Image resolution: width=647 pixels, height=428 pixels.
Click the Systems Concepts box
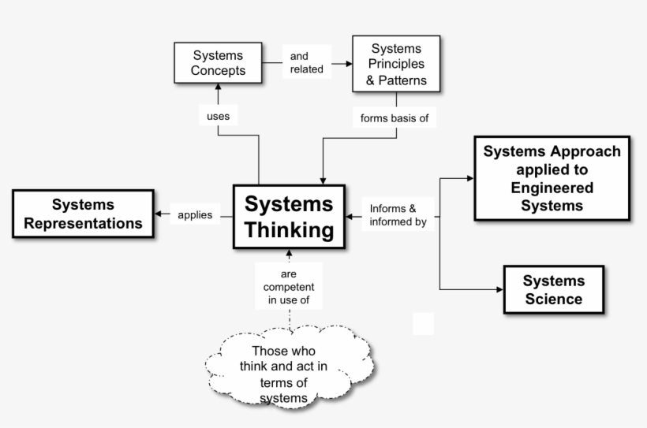pyautogui.click(x=218, y=63)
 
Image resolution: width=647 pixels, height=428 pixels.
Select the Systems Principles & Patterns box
pyautogui.click(x=396, y=64)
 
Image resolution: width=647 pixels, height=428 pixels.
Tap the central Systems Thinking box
pyautogui.click(x=289, y=218)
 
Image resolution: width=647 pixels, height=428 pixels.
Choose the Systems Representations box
pyautogui.click(x=83, y=214)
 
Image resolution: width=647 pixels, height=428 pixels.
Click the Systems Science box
pyautogui.click(x=553, y=289)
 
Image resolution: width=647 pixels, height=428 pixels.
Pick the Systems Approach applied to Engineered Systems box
pyautogui.click(x=552, y=178)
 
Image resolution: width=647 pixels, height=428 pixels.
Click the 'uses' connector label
pyautogui.click(x=218, y=116)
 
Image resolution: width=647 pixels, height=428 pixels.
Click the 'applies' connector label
pyautogui.click(x=195, y=214)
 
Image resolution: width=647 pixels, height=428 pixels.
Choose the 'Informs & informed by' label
pyautogui.click(x=398, y=215)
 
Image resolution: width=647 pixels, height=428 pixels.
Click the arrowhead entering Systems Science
pyautogui.click(x=499, y=289)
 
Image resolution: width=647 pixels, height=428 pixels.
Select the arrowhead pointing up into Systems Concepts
pyautogui.click(x=218, y=87)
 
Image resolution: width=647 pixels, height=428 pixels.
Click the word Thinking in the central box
pyautogui.click(x=289, y=230)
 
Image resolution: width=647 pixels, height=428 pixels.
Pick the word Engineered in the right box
pyautogui.click(x=552, y=188)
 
